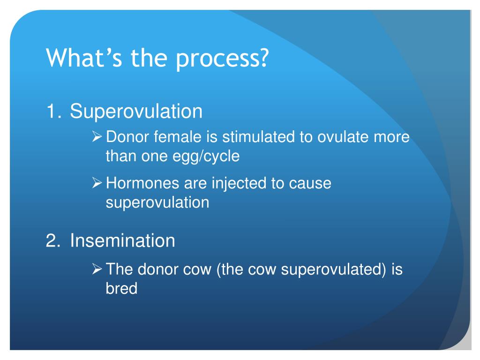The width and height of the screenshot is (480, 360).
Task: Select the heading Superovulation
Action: [x=136, y=112]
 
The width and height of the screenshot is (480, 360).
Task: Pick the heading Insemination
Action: [x=122, y=241]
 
